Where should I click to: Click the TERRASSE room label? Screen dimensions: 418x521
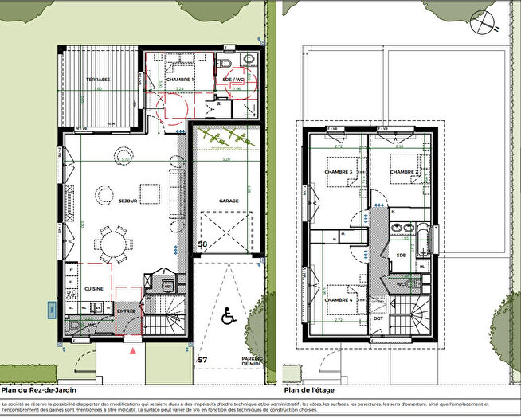tap(99, 80)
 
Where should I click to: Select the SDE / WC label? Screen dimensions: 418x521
tap(233, 80)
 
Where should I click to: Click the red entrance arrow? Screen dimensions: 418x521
tap(133, 350)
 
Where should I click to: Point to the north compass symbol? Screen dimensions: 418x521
tap(484, 24)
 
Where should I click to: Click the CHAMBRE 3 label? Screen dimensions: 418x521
tap(339, 172)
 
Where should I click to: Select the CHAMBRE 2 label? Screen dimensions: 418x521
tap(405, 172)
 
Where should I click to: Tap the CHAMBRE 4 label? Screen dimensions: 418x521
tap(339, 299)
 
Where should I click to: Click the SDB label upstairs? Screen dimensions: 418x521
tap(402, 255)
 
